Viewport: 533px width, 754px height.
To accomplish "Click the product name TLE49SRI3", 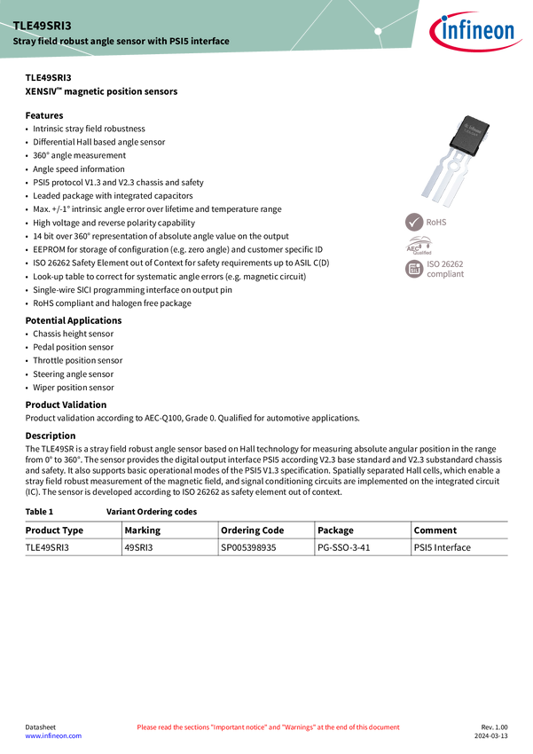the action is tap(41, 26).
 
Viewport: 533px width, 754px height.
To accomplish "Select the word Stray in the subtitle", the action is tap(24, 42).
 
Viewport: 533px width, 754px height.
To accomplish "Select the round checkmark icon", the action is tap(414, 222).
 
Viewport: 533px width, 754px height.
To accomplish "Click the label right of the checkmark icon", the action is tap(438, 222).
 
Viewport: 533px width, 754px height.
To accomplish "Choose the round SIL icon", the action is tap(414, 270).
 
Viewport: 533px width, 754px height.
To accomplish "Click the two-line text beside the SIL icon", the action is tap(446, 270).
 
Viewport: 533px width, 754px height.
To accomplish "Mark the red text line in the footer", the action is tap(268, 727).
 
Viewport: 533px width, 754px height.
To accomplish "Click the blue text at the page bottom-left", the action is tap(52, 736).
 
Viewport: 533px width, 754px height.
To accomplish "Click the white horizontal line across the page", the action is tap(266, 500).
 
